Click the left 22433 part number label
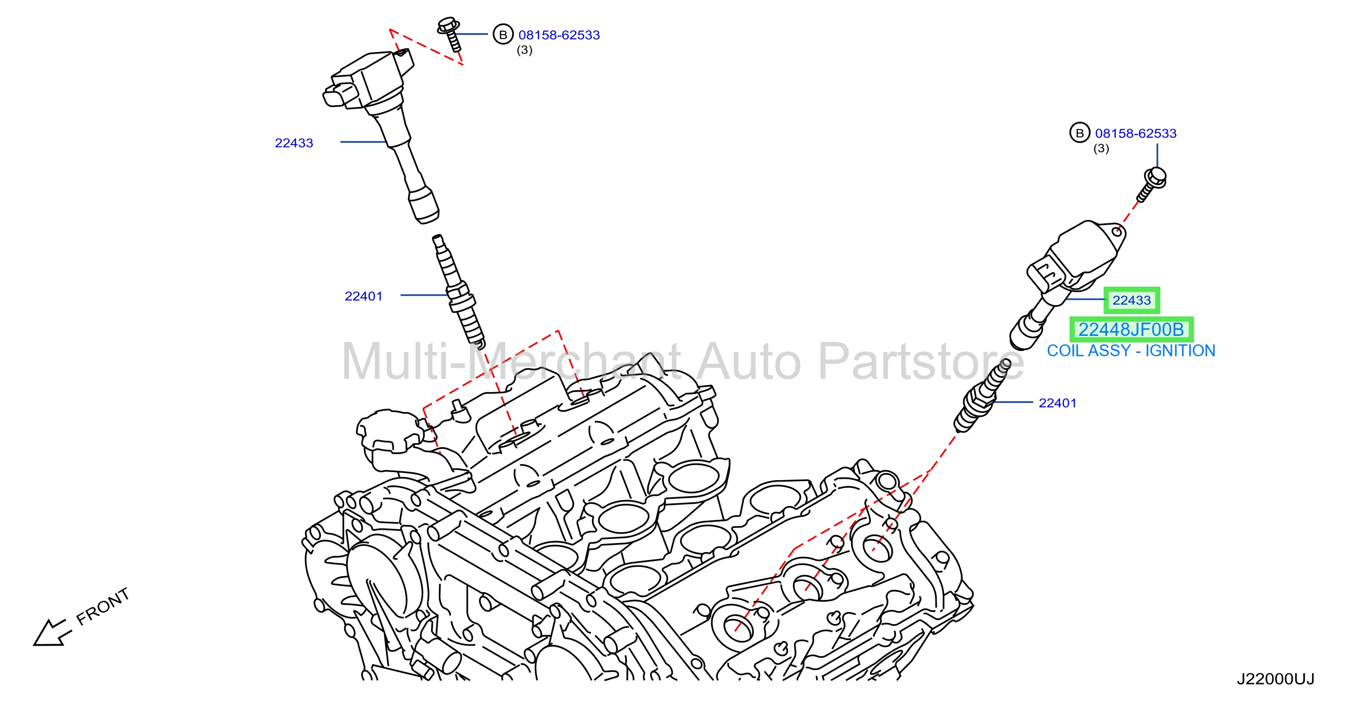click(x=294, y=143)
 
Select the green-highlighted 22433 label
click(x=1132, y=300)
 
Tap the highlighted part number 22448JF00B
click(x=1131, y=330)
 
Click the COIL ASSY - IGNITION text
click(x=1131, y=351)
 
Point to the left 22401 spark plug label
click(x=364, y=296)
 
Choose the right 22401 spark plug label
click(x=1058, y=403)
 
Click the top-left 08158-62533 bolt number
click(x=559, y=35)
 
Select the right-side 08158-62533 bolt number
click(x=1136, y=133)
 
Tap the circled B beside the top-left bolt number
click(x=503, y=35)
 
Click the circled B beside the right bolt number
click(x=1080, y=133)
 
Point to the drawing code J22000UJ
click(x=1276, y=679)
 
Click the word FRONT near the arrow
click(x=103, y=606)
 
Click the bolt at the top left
click(x=450, y=34)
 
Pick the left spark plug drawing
click(x=459, y=291)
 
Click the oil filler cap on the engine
click(x=389, y=432)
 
